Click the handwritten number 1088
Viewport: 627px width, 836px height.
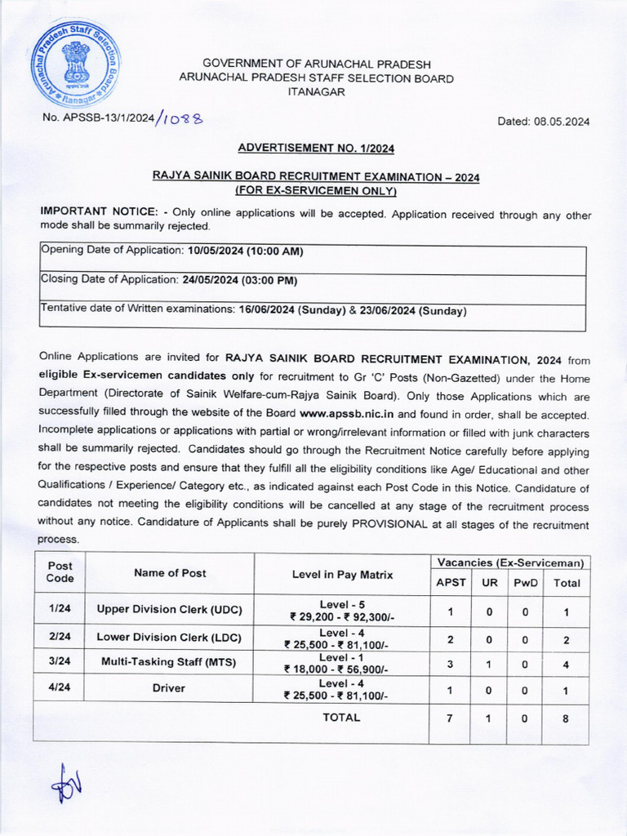[181, 118]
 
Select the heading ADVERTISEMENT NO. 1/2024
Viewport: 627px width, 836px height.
[316, 148]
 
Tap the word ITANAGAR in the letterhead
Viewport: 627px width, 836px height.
[316, 92]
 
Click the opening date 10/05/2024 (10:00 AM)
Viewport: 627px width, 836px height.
[245, 251]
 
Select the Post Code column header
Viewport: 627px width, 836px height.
[60, 571]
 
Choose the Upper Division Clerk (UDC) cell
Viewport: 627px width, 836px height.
[169, 609]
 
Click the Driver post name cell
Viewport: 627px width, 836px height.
[169, 688]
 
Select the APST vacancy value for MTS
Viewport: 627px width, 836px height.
[451, 664]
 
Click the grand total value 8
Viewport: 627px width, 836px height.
[567, 718]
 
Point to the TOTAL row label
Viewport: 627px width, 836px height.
[341, 718]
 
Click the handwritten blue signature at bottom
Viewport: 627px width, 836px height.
[66, 786]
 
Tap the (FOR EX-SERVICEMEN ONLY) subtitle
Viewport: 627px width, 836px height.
[316, 190]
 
